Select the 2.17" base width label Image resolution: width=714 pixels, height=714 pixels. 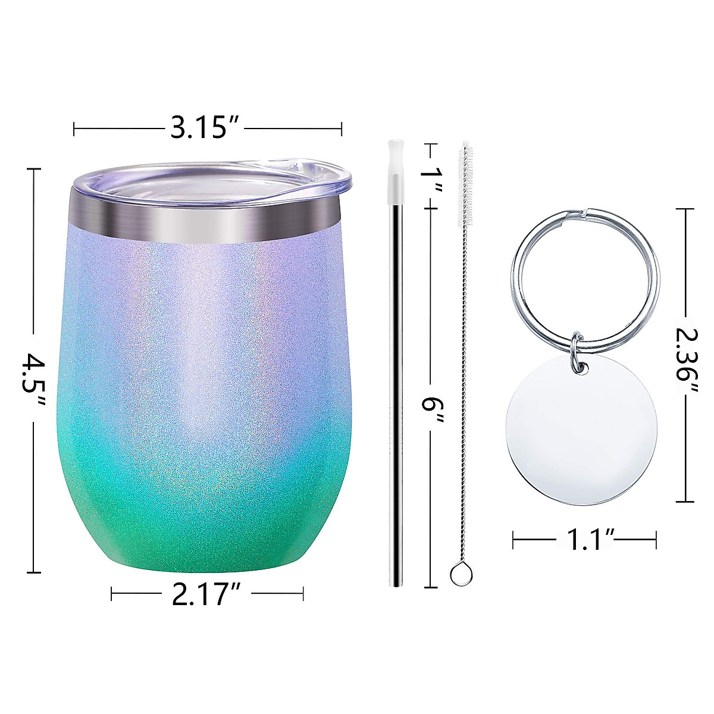(x=206, y=593)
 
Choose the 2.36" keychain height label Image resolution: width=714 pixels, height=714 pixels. (x=687, y=356)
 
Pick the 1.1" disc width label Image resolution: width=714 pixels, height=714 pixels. (x=585, y=540)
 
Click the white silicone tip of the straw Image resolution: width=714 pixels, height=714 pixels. (x=393, y=170)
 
